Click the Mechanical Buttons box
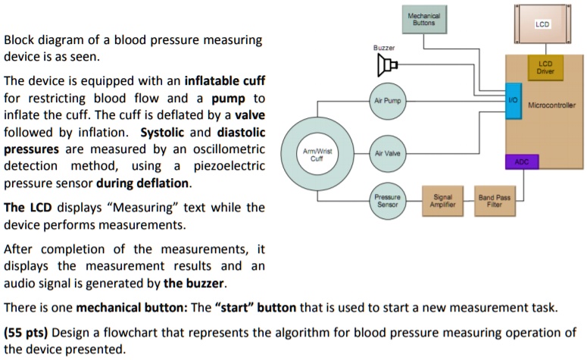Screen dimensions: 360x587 (x=423, y=20)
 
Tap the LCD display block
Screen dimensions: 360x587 (x=541, y=24)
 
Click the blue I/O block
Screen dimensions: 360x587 (x=513, y=102)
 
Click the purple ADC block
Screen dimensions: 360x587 (x=521, y=161)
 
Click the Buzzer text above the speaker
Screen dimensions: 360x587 (x=384, y=47)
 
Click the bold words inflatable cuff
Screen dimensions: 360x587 (x=220, y=81)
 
